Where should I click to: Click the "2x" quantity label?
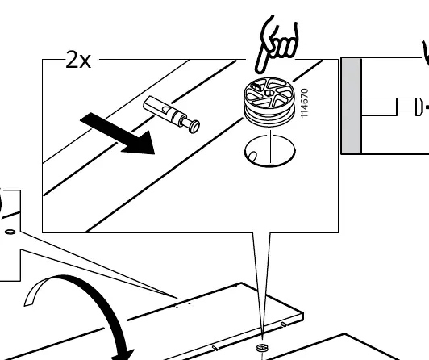click(x=78, y=60)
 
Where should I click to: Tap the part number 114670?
click(x=304, y=103)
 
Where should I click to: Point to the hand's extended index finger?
click(x=260, y=61)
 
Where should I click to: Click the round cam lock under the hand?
click(x=269, y=102)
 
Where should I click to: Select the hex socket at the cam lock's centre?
click(x=269, y=93)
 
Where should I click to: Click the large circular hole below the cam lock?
click(x=270, y=151)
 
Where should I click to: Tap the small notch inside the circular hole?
click(x=252, y=156)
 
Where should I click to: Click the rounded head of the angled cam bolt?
click(x=194, y=127)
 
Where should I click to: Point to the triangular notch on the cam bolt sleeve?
click(x=165, y=110)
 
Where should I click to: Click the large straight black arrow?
click(x=118, y=134)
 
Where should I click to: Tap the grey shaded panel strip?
click(x=352, y=107)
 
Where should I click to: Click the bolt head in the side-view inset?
click(x=419, y=107)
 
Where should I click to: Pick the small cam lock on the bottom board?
click(x=262, y=348)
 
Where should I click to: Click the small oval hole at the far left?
click(x=10, y=232)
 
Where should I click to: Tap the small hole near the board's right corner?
click(x=284, y=324)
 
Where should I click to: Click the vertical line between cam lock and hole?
click(x=271, y=146)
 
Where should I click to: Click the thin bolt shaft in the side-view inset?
click(x=406, y=107)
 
